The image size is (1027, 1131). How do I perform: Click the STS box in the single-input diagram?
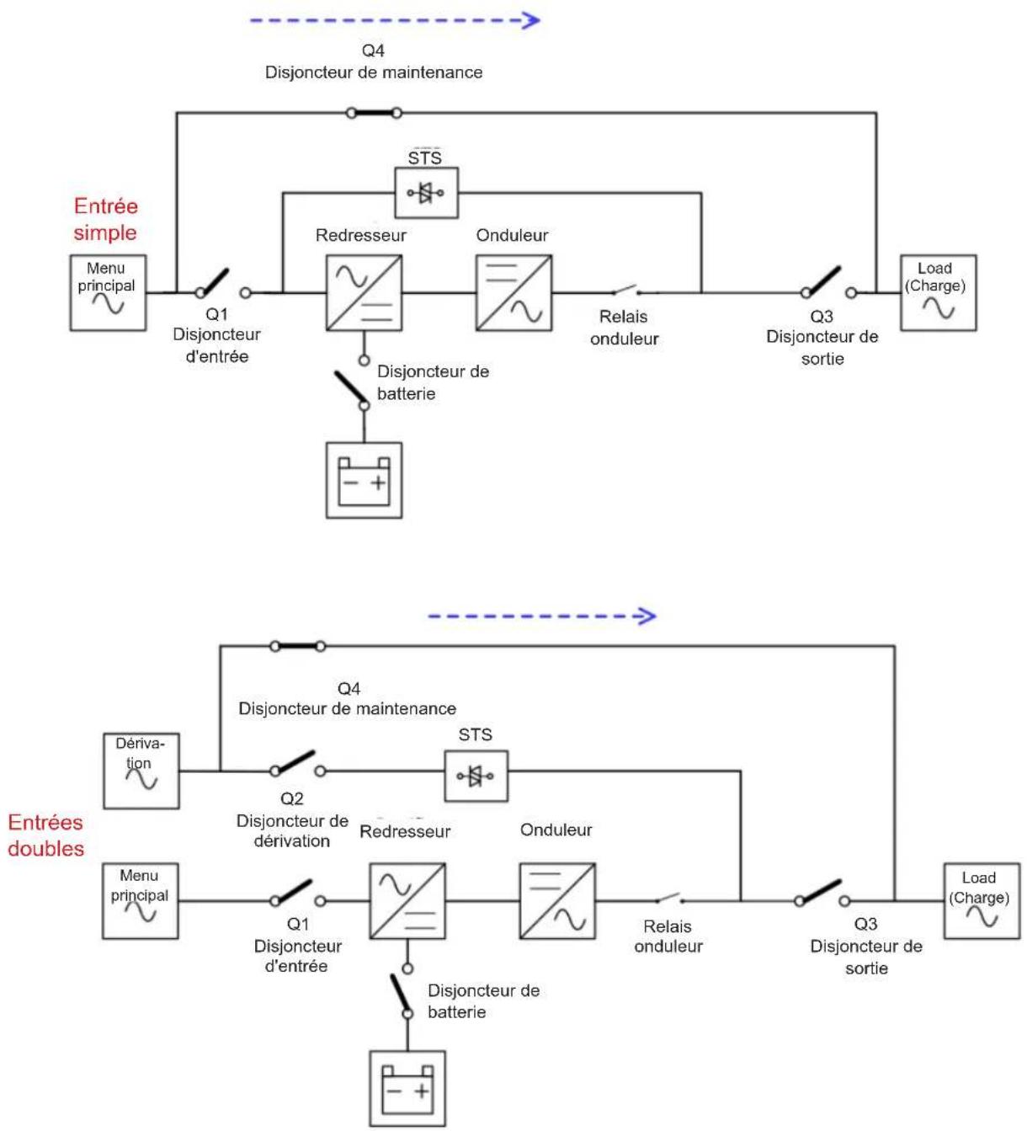[426, 193]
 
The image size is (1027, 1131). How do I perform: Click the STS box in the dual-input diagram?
[476, 776]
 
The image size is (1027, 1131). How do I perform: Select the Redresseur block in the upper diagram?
[364, 292]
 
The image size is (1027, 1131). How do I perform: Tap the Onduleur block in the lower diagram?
[557, 900]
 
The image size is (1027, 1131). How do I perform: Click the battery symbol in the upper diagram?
[364, 480]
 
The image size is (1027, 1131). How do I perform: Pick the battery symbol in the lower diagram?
[407, 1088]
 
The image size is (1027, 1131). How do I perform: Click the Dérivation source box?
[141, 771]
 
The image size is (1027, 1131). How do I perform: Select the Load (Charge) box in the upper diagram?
[938, 292]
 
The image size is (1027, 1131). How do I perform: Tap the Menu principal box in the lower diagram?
[141, 900]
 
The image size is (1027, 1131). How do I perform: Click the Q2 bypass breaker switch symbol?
[297, 764]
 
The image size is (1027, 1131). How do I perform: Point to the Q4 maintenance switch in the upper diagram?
[374, 113]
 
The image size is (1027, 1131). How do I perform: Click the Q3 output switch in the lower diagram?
[822, 894]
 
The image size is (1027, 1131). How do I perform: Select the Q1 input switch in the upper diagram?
[222, 284]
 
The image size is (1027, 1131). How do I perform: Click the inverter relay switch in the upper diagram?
[626, 290]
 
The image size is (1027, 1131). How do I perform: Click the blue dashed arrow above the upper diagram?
[395, 21]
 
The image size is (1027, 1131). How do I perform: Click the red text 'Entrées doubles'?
[45, 835]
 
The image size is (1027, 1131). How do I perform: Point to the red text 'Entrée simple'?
[106, 219]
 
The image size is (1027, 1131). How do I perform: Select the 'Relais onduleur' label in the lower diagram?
[668, 936]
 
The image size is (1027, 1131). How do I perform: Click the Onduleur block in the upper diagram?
[513, 292]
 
